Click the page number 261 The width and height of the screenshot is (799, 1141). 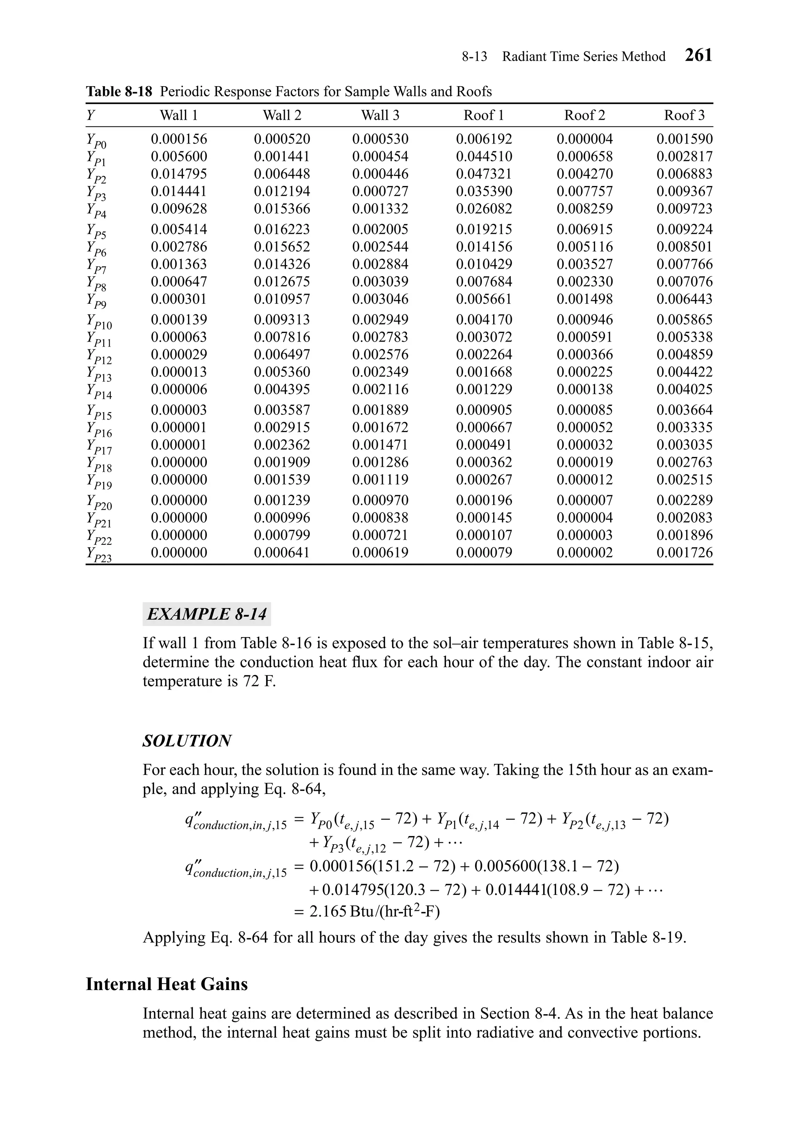point(698,55)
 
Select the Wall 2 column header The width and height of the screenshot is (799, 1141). point(282,115)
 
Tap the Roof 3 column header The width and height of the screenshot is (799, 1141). point(684,115)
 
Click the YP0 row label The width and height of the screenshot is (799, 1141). point(96,141)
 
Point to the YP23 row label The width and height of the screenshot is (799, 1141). point(98,555)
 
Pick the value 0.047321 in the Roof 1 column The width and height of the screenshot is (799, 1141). point(484,174)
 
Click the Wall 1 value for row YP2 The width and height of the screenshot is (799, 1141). point(179,174)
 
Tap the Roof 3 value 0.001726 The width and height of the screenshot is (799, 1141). point(684,553)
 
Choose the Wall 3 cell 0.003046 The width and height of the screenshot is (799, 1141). point(380,299)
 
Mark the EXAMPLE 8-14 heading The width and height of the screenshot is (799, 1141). point(206,614)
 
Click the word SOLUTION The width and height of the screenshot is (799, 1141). point(187,741)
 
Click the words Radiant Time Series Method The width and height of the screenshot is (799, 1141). point(583,57)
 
